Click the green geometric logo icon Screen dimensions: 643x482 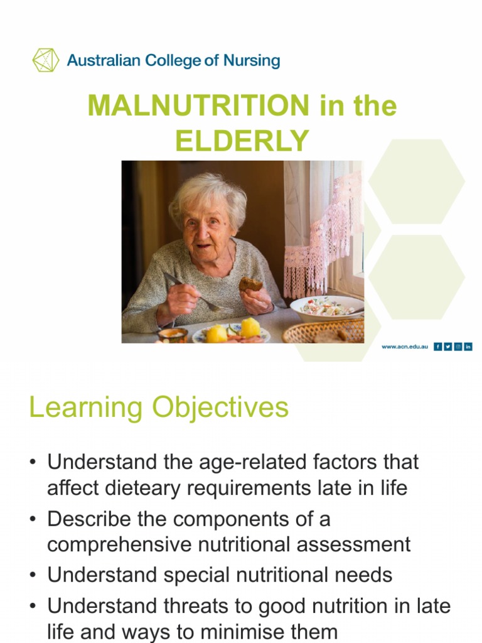pos(46,60)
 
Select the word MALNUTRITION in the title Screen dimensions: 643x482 pos(198,105)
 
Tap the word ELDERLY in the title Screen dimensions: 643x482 pos(242,141)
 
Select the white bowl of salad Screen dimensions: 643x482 pos(326,308)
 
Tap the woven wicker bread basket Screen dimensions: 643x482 pos(323,331)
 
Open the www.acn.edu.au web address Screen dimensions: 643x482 pos(405,347)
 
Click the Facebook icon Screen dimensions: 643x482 pos(437,347)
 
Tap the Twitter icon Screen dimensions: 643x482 pos(447,347)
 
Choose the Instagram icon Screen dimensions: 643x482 pos(458,347)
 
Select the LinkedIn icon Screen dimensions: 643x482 pos(468,347)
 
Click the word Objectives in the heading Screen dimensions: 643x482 pos(220,408)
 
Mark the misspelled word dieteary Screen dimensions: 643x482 pos(141,489)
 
